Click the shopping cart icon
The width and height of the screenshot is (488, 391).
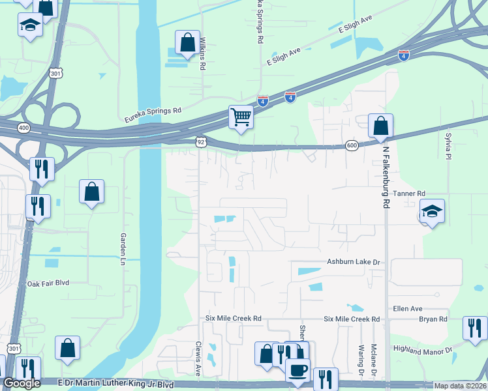click(241, 117)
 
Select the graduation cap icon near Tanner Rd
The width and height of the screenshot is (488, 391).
click(432, 211)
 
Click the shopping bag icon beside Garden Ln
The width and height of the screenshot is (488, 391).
click(92, 192)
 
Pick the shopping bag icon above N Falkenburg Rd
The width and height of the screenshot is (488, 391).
click(380, 126)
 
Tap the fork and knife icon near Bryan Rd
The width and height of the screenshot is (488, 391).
click(474, 327)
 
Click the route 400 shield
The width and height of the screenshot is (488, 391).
click(24, 128)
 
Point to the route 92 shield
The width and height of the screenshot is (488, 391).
click(202, 140)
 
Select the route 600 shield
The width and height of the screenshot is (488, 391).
click(352, 146)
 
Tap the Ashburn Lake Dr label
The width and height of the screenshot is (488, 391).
click(353, 262)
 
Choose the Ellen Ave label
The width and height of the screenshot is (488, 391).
click(408, 308)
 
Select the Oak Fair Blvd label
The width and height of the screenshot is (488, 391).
click(48, 283)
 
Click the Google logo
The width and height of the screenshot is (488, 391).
click(22, 384)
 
